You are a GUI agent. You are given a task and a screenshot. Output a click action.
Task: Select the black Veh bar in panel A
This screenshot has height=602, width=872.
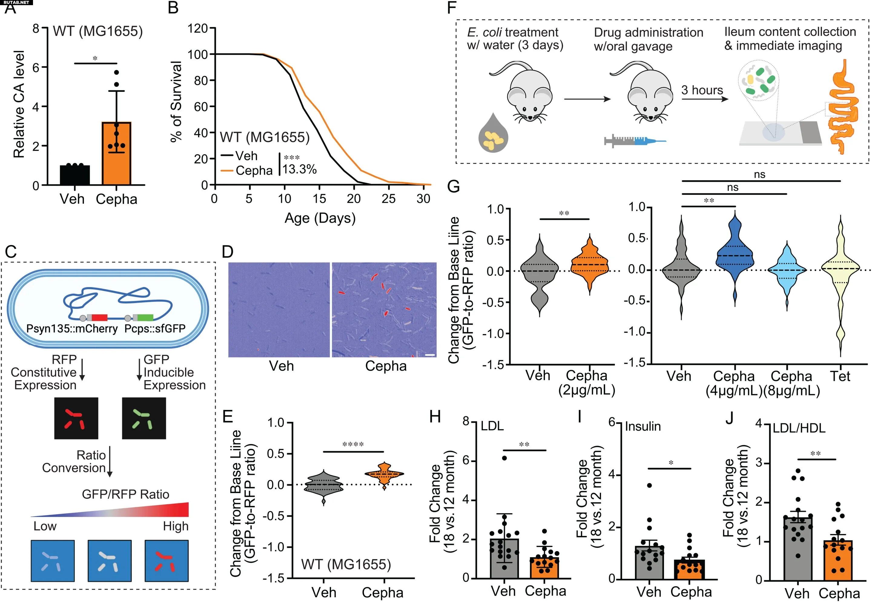click(75, 175)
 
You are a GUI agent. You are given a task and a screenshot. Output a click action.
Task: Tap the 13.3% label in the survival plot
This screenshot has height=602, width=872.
click(300, 169)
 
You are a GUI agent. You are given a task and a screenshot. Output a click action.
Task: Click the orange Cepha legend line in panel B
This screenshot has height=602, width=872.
click(226, 171)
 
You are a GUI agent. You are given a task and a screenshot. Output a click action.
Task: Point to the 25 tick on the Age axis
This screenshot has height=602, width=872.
click(388, 199)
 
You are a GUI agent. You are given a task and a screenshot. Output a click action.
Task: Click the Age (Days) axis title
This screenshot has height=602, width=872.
click(320, 218)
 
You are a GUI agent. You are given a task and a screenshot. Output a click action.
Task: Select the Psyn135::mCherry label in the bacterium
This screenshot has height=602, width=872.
click(72, 329)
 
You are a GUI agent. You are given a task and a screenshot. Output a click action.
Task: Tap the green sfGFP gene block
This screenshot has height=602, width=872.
click(145, 318)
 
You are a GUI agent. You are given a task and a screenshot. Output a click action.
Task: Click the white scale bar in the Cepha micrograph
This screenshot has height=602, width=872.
click(430, 355)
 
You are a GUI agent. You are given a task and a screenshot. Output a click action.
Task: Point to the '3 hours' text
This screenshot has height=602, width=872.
click(702, 90)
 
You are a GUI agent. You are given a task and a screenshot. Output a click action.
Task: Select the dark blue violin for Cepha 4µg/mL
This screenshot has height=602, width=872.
click(735, 257)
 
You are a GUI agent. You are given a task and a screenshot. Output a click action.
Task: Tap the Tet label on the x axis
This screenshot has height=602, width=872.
click(840, 376)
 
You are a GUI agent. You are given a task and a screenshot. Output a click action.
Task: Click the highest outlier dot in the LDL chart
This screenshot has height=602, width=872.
click(504, 458)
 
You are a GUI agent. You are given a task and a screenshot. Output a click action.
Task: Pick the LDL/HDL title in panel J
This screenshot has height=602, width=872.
click(799, 428)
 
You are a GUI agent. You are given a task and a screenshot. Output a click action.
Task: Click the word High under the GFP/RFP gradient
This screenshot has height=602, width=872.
click(176, 526)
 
